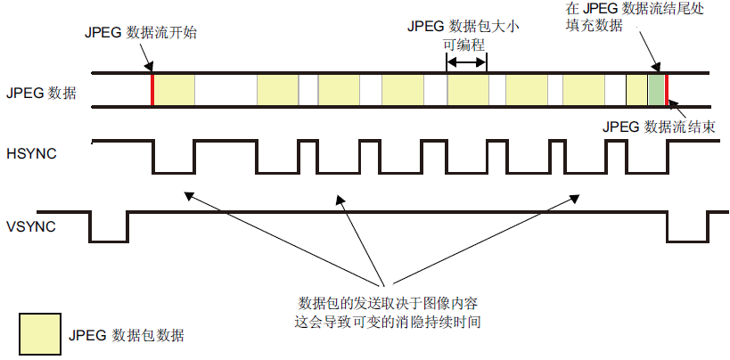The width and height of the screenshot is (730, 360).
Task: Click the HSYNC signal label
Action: tap(31, 155)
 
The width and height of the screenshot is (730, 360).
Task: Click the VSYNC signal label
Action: tap(31, 226)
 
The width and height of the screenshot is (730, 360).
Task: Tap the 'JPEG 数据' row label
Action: tap(41, 92)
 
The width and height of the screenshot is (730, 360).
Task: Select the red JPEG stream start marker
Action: tap(152, 90)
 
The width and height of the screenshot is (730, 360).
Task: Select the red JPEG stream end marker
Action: tap(666, 90)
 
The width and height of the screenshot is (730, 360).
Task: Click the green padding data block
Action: tap(656, 91)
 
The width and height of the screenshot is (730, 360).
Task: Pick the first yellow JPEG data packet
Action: tap(174, 91)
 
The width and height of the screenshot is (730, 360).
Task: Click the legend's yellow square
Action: tap(39, 333)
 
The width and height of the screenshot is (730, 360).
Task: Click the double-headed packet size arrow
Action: tap(467, 62)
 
